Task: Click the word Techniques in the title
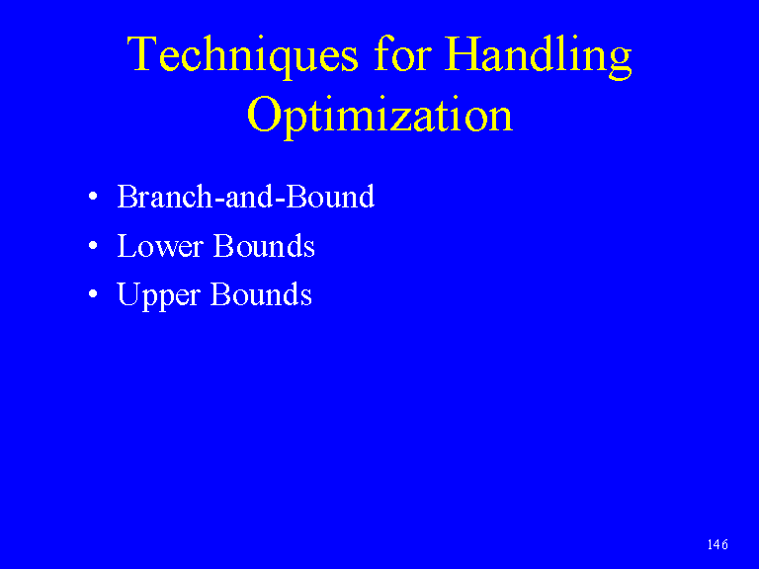click(242, 55)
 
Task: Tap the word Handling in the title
click(539, 56)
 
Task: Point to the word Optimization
click(379, 117)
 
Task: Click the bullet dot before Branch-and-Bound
click(93, 197)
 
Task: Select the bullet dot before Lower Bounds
click(93, 246)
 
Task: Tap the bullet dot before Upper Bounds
click(93, 294)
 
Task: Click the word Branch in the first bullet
click(165, 197)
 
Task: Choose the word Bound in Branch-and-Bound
click(331, 197)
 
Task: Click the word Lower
click(160, 246)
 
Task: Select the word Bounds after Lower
click(264, 245)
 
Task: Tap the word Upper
click(159, 295)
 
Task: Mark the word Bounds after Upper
click(261, 293)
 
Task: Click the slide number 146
click(717, 544)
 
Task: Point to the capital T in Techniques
click(142, 53)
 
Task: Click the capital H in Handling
click(462, 53)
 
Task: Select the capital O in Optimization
click(264, 114)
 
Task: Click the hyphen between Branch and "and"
click(219, 200)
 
